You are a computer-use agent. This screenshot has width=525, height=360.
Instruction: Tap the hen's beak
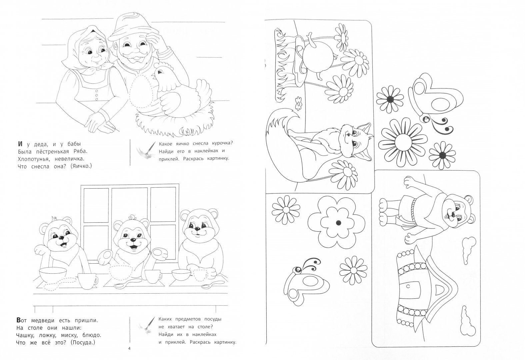point(153,75)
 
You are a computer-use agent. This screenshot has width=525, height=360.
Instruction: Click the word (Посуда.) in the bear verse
point(83,342)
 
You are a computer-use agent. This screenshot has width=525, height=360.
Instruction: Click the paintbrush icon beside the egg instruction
point(146,150)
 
